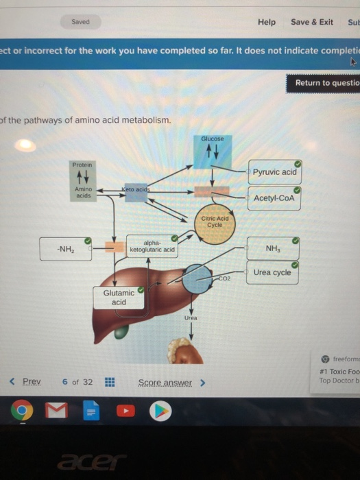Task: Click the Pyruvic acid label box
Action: pyautogui.click(x=274, y=171)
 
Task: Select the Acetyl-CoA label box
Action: pyautogui.click(x=273, y=198)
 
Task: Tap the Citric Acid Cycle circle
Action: pyautogui.click(x=214, y=223)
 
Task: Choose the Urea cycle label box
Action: pyautogui.click(x=272, y=272)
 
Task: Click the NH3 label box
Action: pyautogui.click(x=273, y=248)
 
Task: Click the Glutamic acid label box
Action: pyautogui.click(x=119, y=297)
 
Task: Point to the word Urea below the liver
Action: pyautogui.click(x=190, y=318)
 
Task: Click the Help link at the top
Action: pyautogui.click(x=267, y=22)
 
